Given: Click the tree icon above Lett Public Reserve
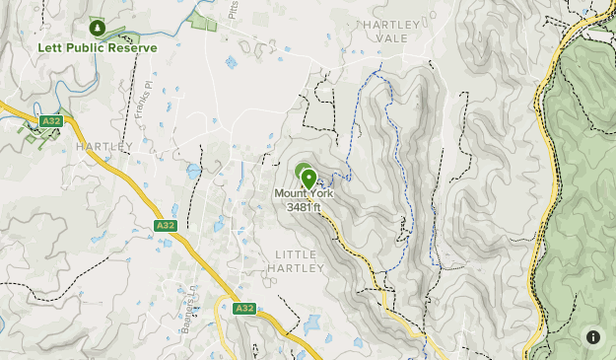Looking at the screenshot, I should (x=97, y=27).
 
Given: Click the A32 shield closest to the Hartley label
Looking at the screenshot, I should (x=52, y=121).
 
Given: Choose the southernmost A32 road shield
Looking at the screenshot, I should (x=243, y=309).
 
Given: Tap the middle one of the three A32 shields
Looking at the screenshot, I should (x=165, y=226).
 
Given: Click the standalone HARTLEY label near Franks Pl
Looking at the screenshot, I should (x=103, y=147).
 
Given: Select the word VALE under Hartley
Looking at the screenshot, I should (x=392, y=38).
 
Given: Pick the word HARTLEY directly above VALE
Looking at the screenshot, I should (x=392, y=24).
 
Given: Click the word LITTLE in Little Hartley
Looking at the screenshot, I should (x=294, y=253).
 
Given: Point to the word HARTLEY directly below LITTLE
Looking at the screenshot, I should (x=294, y=267).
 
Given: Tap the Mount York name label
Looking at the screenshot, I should (x=304, y=194).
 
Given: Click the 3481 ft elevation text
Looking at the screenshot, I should (x=304, y=207).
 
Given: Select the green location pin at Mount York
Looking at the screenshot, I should (x=308, y=179).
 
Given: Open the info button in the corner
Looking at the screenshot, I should (x=593, y=337).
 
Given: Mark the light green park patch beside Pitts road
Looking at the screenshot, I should (x=203, y=20).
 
